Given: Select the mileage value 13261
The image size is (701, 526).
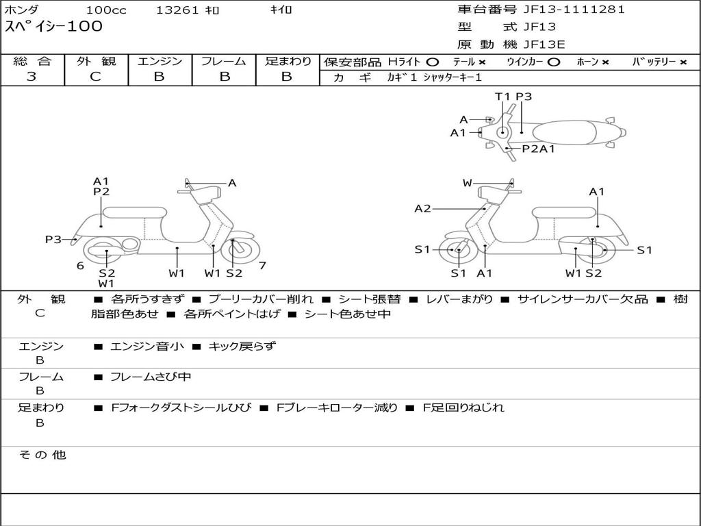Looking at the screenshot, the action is [177, 10].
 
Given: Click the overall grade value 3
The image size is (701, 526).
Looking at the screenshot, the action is [31, 77].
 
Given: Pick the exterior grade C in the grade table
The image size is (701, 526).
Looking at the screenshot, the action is [95, 77].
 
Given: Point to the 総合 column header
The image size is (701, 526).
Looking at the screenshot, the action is [31, 62].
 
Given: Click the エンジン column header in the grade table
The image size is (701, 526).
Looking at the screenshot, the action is [160, 62].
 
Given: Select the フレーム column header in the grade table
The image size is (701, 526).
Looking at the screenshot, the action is [223, 62].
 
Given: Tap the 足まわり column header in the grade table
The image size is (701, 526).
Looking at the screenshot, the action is [288, 62].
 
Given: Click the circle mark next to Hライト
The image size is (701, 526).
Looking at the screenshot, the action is [432, 62].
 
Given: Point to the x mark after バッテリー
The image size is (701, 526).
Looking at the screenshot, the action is [683, 62].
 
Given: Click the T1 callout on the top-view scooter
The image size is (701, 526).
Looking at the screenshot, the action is [503, 97].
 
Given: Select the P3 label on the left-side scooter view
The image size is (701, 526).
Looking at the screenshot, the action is [53, 239].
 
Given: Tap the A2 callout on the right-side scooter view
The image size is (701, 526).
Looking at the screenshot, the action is [422, 209].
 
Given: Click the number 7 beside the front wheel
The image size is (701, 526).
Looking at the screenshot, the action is [262, 265].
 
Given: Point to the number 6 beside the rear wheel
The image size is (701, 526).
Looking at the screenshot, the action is [80, 266].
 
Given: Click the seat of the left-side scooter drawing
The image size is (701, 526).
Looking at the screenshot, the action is [134, 212].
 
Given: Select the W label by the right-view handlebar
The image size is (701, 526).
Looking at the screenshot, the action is [468, 183].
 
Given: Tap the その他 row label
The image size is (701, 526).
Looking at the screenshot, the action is [42, 455].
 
